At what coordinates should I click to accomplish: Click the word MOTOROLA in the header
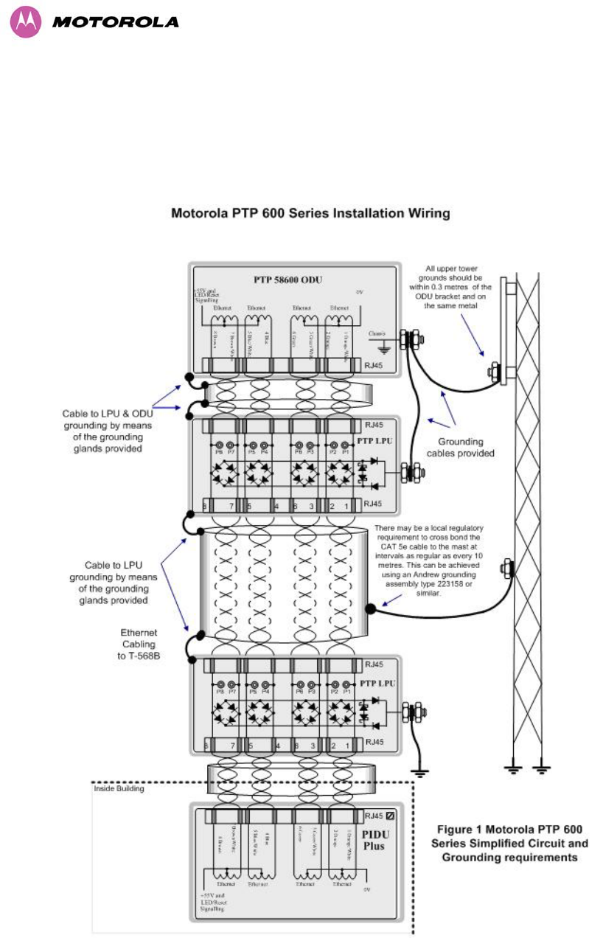click(x=116, y=22)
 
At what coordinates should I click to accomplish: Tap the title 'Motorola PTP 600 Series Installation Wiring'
click(x=310, y=215)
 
